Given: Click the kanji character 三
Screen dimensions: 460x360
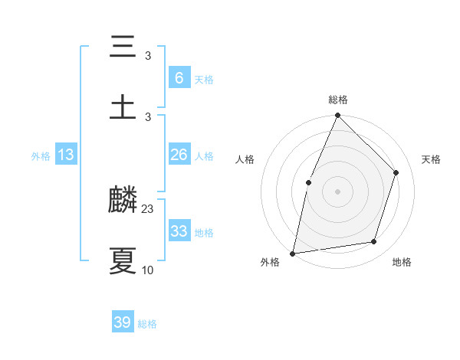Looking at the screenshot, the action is coord(123,47).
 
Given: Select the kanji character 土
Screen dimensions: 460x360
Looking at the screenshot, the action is coord(123,107).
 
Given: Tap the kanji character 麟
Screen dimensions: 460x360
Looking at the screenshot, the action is coord(123,201).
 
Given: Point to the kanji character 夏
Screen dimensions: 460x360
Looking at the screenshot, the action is coord(123,260).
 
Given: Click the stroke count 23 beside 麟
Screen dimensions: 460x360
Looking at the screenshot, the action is coord(148,208).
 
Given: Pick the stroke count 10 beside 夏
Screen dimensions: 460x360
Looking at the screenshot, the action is coord(148,270).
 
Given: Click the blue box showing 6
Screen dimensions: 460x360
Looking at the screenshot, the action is coord(179,77).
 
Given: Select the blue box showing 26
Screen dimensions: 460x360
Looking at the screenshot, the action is coord(179,155).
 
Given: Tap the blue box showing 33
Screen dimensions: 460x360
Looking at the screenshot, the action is coord(179,231).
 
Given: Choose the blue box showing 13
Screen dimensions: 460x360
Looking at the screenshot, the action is coord(66,155).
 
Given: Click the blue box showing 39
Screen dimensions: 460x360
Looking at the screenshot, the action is coord(123,322).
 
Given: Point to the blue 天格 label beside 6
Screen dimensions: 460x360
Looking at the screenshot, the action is coord(204,79).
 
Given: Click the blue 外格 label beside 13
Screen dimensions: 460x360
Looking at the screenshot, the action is coord(41,156).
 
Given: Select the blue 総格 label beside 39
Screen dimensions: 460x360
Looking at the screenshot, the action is coord(147,324).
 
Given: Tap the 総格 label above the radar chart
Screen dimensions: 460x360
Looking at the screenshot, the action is coord(338,100).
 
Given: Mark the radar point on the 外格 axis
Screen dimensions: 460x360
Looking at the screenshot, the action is coord(293,253).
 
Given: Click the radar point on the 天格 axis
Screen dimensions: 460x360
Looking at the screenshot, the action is coord(396,172).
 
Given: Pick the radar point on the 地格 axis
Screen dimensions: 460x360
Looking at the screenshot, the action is coord(374,241).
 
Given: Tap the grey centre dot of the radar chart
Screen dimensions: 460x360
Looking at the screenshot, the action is coord(337,191).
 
